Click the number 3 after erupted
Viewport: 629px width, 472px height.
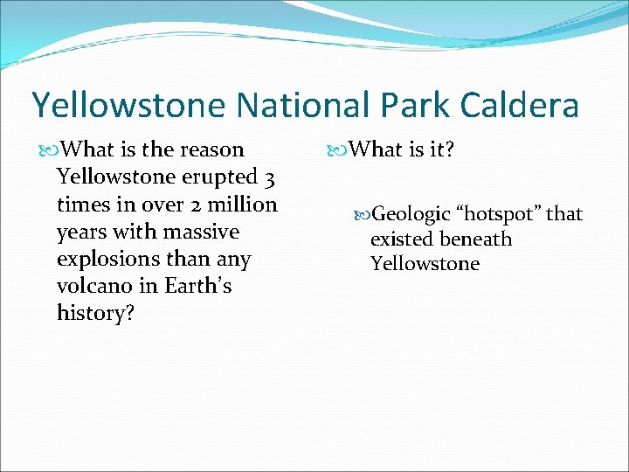click(x=272, y=178)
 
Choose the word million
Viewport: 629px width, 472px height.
click(x=239, y=205)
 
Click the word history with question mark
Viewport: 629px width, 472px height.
click(x=95, y=313)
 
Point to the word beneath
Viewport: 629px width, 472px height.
click(x=475, y=239)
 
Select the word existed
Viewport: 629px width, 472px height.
click(x=402, y=239)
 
